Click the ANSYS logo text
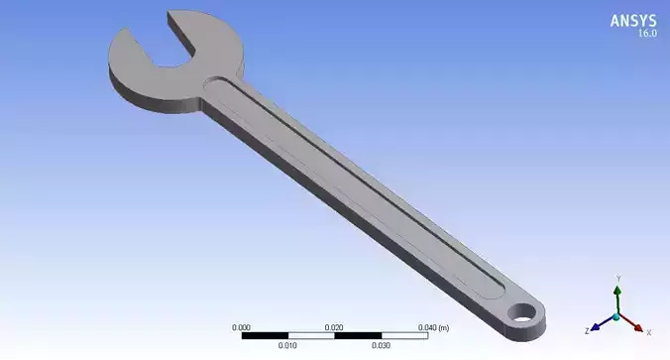[632, 21]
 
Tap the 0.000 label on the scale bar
[241, 326]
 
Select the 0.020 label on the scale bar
[334, 326]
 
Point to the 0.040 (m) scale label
[432, 326]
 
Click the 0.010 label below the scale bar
[287, 345]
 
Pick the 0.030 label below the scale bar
[381, 345]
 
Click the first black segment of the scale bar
[265, 335]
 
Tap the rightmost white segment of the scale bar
[404, 335]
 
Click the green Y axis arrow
[616, 294]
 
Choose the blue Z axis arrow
[601, 322]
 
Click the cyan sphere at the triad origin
[616, 315]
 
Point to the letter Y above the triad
[617, 279]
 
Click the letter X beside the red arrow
[648, 329]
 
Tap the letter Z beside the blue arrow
[587, 329]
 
